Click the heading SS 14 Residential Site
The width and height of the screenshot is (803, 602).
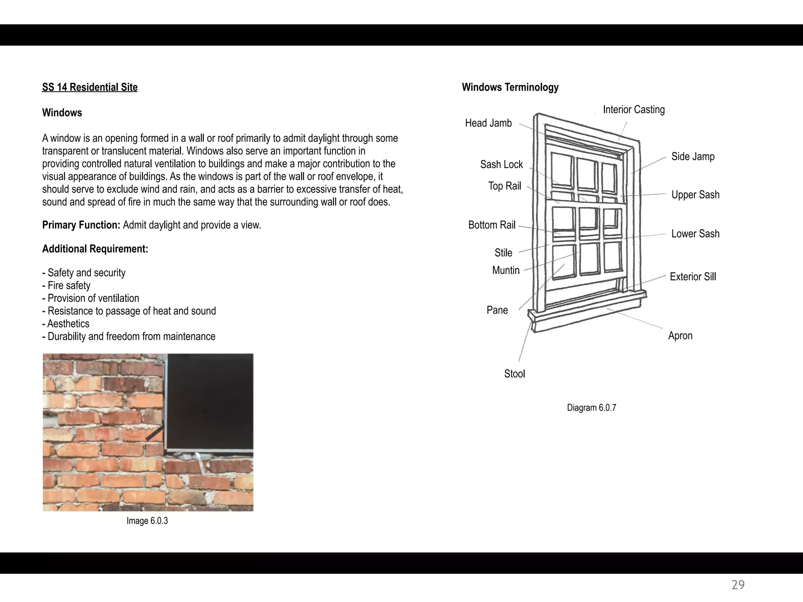[x=90, y=87]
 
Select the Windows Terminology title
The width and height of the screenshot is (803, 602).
[x=510, y=87]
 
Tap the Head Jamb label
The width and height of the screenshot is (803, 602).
[x=488, y=123]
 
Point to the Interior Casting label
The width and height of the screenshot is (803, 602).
[x=634, y=109]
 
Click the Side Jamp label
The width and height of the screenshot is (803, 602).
[x=692, y=156]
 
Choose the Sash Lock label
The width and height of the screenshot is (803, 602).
[x=501, y=164]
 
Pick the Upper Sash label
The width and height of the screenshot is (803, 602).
[x=695, y=195]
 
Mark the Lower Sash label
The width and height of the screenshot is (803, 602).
[x=695, y=234]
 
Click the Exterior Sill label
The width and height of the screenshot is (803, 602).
[x=692, y=277]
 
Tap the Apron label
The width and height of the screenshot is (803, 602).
[x=680, y=336]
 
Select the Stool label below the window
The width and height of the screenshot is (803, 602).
[x=514, y=374]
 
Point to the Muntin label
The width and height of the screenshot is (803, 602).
[x=506, y=270]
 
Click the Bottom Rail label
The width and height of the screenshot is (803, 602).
[x=492, y=225]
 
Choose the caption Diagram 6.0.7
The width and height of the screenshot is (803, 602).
[x=591, y=408]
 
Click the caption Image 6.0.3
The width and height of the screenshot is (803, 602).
[x=147, y=521]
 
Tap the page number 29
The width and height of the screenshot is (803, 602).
[x=738, y=585]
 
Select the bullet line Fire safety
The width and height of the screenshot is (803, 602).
[x=69, y=285]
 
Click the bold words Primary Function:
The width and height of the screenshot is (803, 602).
[x=81, y=225]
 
